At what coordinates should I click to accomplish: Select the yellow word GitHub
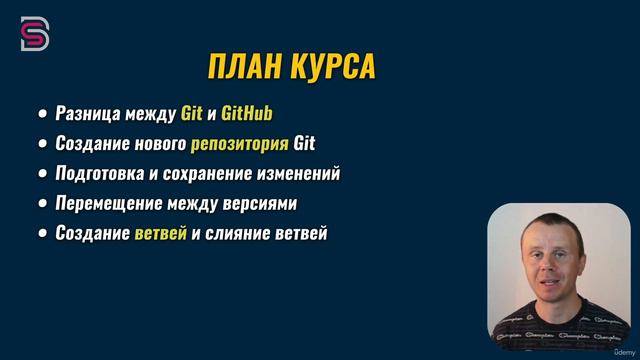245,112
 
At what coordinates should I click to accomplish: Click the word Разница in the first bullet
85,112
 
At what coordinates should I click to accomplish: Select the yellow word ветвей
160,234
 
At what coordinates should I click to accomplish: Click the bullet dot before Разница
42,113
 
